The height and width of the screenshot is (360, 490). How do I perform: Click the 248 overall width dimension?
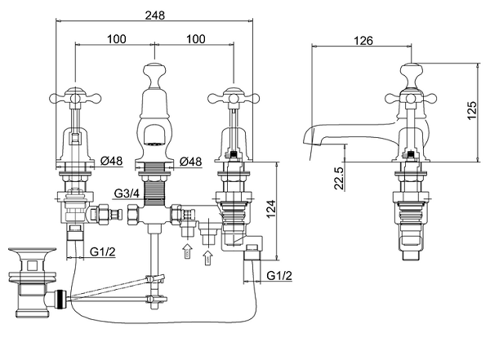tap(154, 15)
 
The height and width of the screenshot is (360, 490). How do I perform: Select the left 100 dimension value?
tap(117, 39)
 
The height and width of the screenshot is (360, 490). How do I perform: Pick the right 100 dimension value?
tap(196, 39)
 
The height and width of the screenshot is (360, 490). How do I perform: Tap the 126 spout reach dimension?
tap(363, 41)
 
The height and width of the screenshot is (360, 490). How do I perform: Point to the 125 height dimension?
tap(471, 109)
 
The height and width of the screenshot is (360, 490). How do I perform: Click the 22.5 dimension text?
tap(339, 178)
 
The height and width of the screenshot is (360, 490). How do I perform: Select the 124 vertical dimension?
tap(271, 209)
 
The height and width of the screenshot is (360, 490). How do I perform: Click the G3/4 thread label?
tap(127, 193)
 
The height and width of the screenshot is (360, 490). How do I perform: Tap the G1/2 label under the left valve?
tap(103, 251)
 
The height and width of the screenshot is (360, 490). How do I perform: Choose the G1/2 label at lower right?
tap(279, 276)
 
